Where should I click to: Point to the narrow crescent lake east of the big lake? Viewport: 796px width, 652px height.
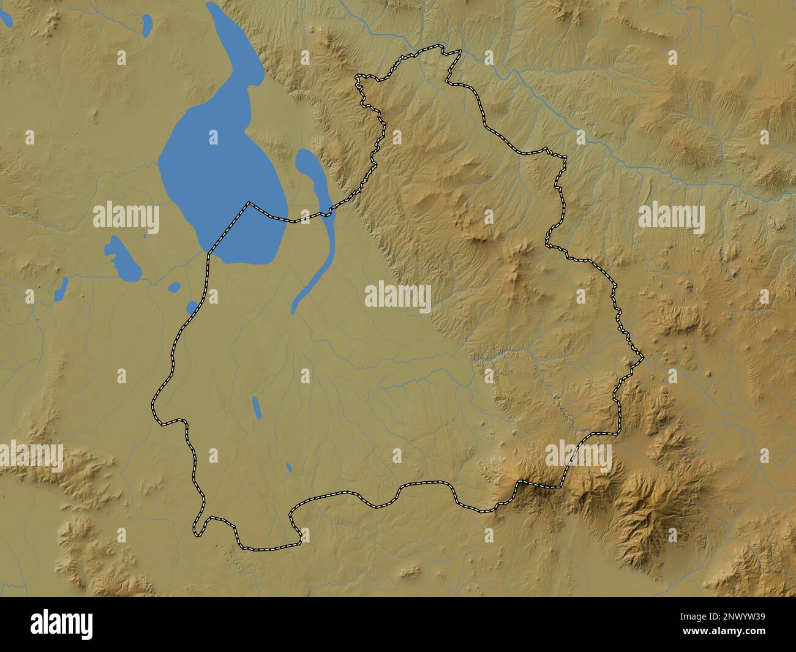[x=318, y=233]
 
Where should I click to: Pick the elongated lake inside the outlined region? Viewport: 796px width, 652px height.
[x=257, y=407]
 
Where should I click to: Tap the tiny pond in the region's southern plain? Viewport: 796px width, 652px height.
[x=289, y=468]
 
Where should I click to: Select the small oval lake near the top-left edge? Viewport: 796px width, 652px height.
[x=147, y=25]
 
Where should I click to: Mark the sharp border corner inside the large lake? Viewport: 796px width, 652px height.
[x=249, y=203]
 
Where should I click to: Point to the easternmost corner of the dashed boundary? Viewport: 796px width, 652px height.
[x=642, y=356]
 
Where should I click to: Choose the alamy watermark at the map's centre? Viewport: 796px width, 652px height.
[x=398, y=297]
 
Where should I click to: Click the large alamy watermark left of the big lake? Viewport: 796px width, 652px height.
[x=126, y=219]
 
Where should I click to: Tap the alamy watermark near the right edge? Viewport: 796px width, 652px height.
[x=671, y=219]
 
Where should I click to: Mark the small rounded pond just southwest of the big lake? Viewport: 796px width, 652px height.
[x=175, y=286]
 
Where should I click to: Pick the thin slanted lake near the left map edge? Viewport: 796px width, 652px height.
[x=61, y=288]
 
